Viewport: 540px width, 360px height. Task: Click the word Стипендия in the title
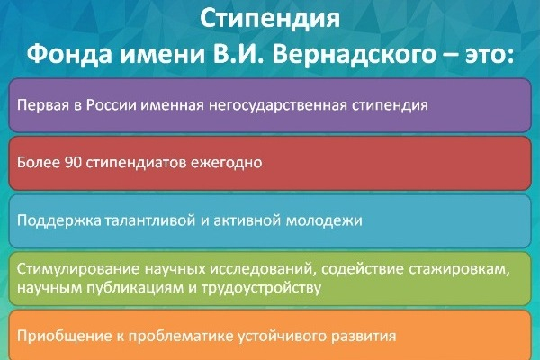click(x=270, y=19)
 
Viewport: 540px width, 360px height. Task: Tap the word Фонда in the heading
click(x=69, y=54)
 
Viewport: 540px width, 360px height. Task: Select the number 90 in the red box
click(x=73, y=163)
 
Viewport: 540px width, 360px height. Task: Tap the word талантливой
click(x=150, y=220)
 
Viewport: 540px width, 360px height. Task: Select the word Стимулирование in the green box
click(x=78, y=269)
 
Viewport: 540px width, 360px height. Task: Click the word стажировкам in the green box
click(x=459, y=269)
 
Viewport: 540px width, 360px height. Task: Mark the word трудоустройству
click(x=261, y=288)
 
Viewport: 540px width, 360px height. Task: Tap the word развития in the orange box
click(x=364, y=337)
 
